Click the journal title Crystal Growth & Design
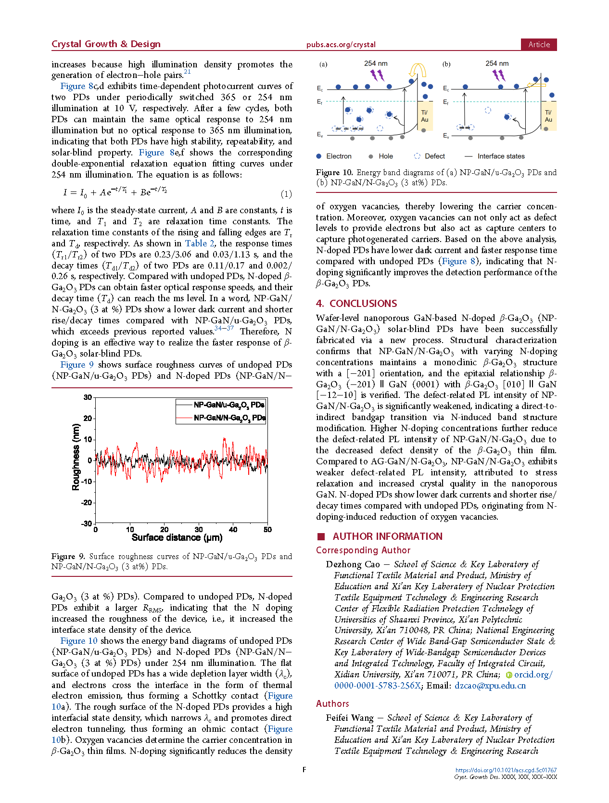click(106, 44)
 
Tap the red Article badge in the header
click(539, 44)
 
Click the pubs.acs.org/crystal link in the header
click(341, 45)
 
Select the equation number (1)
click(286, 194)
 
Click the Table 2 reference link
click(200, 243)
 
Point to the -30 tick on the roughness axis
click(87, 523)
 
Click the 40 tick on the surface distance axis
click(233, 530)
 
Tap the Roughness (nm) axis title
click(76, 457)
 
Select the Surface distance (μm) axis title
click(177, 537)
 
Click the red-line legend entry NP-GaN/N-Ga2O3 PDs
click(229, 418)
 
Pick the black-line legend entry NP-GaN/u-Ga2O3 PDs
click(229, 405)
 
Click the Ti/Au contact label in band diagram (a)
click(425, 116)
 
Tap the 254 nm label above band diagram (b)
click(497, 64)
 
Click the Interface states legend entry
click(501, 156)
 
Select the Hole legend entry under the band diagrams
click(385, 156)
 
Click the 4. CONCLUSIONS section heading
click(356, 304)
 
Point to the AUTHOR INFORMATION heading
click(387, 536)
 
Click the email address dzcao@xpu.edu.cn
click(490, 686)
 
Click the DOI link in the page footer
click(506, 770)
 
